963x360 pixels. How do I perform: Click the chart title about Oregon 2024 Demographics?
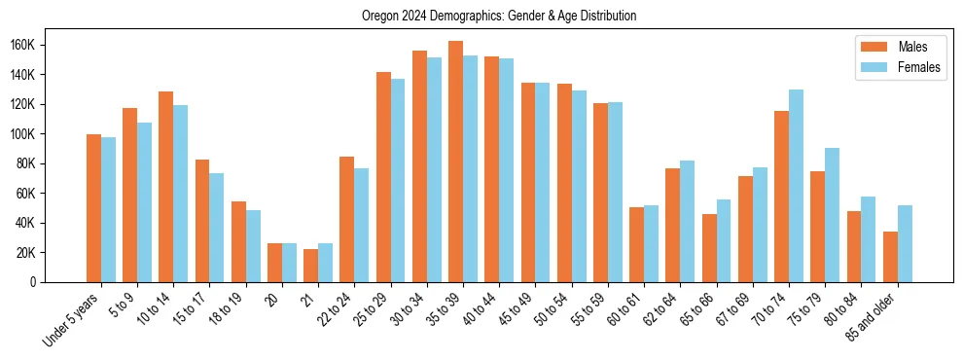pyautogui.click(x=499, y=16)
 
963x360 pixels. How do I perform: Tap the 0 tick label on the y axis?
pyautogui.click(x=60, y=282)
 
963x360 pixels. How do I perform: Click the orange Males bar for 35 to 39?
pyautogui.click(x=455, y=162)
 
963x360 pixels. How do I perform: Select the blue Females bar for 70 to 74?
pyautogui.click(x=797, y=186)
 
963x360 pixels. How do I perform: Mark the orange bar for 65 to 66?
pyautogui.click(x=709, y=248)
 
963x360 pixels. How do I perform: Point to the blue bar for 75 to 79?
pyautogui.click(x=833, y=215)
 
